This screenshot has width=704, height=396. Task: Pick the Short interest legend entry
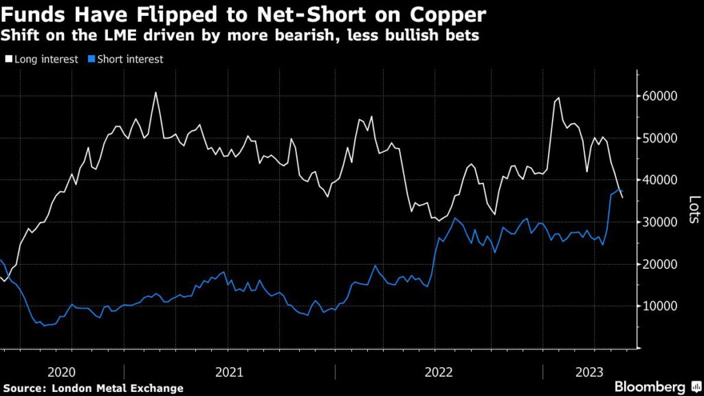pyautogui.click(x=129, y=60)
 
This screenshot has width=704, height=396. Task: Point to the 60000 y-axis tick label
pyautogui.click(x=661, y=96)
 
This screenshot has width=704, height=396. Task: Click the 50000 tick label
pyautogui.click(x=661, y=138)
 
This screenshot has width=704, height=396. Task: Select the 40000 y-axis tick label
pyautogui.click(x=661, y=180)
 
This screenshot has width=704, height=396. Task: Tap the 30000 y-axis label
pyautogui.click(x=661, y=222)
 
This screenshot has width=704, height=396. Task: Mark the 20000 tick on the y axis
pyautogui.click(x=661, y=264)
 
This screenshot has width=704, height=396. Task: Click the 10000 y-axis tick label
pyautogui.click(x=661, y=306)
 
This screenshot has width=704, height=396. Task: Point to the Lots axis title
pyautogui.click(x=694, y=210)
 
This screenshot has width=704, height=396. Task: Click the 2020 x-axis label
pyautogui.click(x=62, y=372)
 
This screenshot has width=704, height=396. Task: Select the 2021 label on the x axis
pyautogui.click(x=229, y=372)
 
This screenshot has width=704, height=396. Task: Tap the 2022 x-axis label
pyautogui.click(x=438, y=372)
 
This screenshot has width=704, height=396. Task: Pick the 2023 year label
pyautogui.click(x=588, y=372)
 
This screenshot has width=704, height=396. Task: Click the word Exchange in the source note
pyautogui.click(x=159, y=388)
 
